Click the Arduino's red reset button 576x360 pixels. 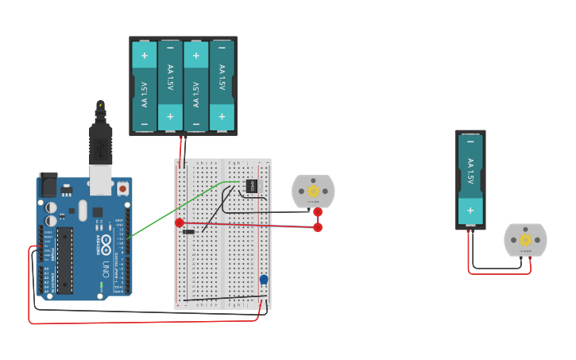coord(123,188)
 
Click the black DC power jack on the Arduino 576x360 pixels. coord(48,185)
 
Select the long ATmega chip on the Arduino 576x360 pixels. coord(64,260)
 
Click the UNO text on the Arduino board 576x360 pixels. coord(105,269)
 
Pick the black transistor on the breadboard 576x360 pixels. coord(251,186)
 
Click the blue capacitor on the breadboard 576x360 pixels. coord(264,279)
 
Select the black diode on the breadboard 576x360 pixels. coord(189,232)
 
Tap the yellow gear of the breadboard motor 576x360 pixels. coord(313,191)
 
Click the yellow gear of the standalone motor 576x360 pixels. coord(525,240)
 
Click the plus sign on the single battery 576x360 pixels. coord(470,211)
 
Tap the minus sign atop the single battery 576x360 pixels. coord(470,141)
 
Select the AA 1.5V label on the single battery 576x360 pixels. coord(470,171)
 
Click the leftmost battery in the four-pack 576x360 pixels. coord(144,86)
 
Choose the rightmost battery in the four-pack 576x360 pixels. coord(222,86)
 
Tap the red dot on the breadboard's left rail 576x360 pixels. coord(180,223)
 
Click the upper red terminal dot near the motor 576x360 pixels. coord(318,211)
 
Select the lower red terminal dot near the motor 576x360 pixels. coord(318,227)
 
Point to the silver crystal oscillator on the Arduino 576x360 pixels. coord(83,210)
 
